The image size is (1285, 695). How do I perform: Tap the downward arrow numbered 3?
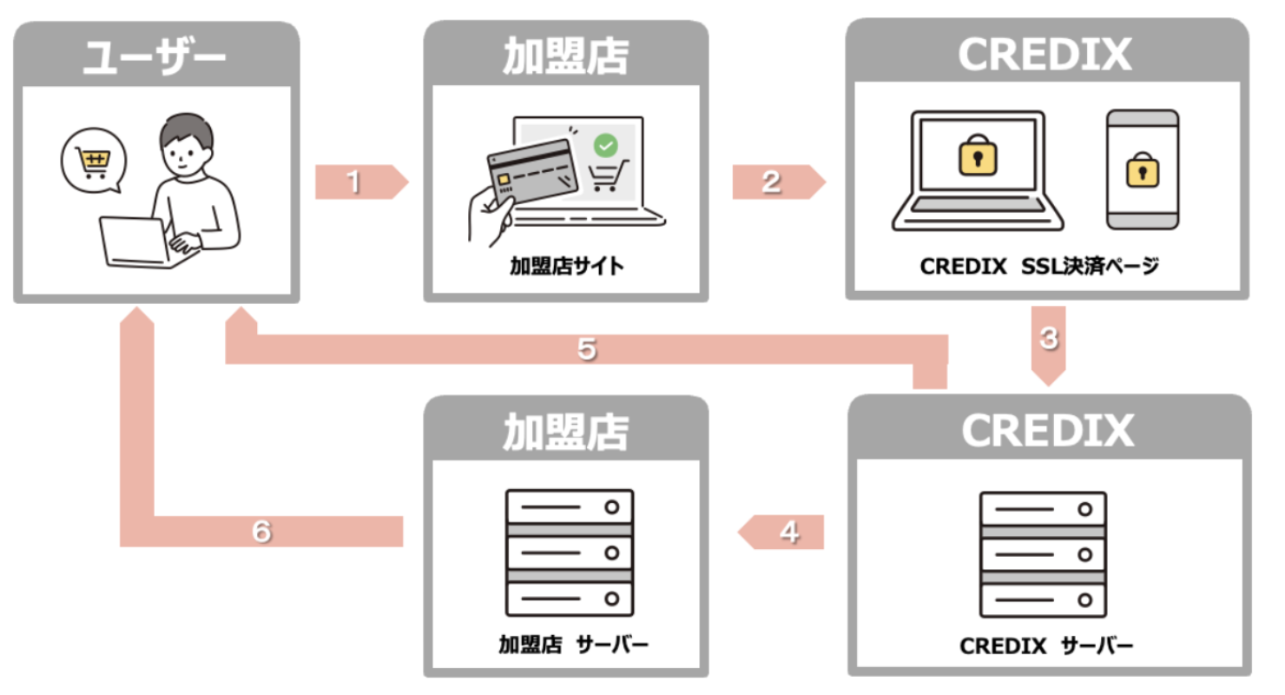click(1049, 344)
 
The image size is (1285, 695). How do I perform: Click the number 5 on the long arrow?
click(586, 348)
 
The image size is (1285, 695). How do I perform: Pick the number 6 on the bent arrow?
click(261, 532)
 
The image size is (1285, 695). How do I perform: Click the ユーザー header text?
click(156, 57)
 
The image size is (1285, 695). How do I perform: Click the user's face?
click(185, 155)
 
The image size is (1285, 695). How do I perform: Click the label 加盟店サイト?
click(566, 267)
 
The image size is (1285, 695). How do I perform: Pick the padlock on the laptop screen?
click(978, 156)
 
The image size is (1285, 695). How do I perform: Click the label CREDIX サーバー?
click(1046, 646)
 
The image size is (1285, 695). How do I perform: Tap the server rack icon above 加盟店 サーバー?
click(570, 553)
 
